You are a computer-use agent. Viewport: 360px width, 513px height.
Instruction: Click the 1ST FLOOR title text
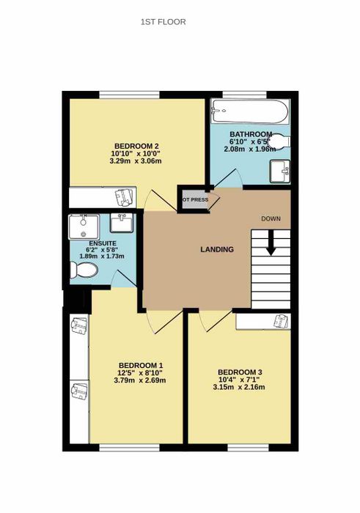tap(163, 22)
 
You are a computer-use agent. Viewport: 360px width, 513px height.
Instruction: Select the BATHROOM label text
tap(251, 134)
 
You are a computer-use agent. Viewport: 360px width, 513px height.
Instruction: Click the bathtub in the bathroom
tap(250, 111)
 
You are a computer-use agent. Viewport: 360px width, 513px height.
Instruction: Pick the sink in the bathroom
tap(280, 171)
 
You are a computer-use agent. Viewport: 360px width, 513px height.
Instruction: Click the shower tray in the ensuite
tap(84, 226)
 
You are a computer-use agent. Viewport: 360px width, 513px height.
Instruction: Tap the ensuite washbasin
tap(122, 223)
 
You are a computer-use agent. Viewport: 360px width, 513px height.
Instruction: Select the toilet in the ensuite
tap(84, 270)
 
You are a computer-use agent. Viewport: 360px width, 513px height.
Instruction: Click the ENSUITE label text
tap(103, 244)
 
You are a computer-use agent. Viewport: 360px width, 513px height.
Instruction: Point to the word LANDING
tap(217, 249)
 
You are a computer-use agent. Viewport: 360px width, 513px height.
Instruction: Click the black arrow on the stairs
tap(271, 243)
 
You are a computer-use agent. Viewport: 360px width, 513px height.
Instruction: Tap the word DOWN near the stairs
tap(271, 218)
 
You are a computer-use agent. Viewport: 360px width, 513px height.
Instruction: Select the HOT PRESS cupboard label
tap(195, 199)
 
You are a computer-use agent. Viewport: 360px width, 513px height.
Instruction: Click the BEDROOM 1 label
tap(141, 365)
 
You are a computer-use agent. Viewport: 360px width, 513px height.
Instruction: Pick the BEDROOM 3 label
tap(240, 372)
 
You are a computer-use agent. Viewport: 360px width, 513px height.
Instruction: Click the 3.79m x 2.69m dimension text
tap(140, 380)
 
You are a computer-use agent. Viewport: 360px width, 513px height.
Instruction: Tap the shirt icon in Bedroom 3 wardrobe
tap(281, 321)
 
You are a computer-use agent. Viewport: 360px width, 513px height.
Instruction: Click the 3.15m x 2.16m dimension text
tap(239, 388)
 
